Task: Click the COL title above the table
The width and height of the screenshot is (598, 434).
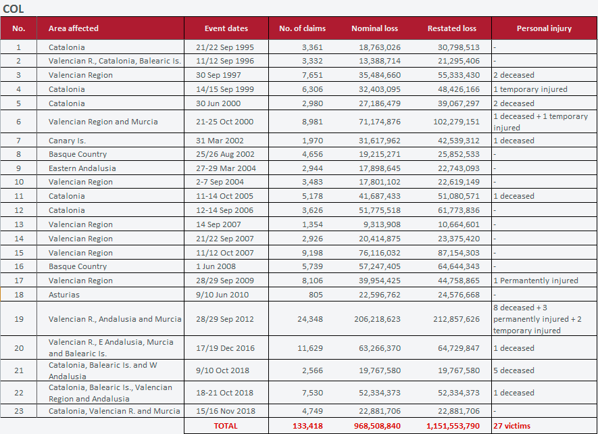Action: click(x=14, y=8)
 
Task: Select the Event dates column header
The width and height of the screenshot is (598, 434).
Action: click(x=226, y=28)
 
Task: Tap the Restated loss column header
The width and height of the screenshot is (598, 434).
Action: click(x=452, y=28)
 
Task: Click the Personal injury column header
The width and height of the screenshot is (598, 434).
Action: click(x=544, y=28)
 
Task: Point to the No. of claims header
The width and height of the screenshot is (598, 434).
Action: click(x=303, y=28)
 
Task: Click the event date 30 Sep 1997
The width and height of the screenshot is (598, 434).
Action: click(x=218, y=75)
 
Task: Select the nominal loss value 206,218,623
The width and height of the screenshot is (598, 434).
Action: click(x=377, y=319)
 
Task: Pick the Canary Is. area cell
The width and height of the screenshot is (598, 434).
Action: click(x=67, y=141)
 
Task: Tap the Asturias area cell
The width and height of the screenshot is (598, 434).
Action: click(x=64, y=295)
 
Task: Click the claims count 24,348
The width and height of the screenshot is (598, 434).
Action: click(x=310, y=319)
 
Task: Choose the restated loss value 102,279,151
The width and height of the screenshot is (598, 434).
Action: click(x=457, y=122)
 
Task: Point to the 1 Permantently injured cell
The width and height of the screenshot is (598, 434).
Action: click(x=536, y=281)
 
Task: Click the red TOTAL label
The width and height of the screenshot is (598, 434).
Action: click(x=226, y=426)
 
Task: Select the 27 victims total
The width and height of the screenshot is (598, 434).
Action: click(x=512, y=426)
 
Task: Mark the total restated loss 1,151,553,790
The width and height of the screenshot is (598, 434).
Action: click(x=453, y=426)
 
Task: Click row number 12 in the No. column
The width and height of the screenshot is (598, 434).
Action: click(x=19, y=210)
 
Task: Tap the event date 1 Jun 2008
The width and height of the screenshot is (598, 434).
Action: click(x=216, y=266)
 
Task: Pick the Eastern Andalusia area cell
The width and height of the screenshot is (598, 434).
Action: click(x=82, y=168)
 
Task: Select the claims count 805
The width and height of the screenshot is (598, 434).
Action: click(x=316, y=295)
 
